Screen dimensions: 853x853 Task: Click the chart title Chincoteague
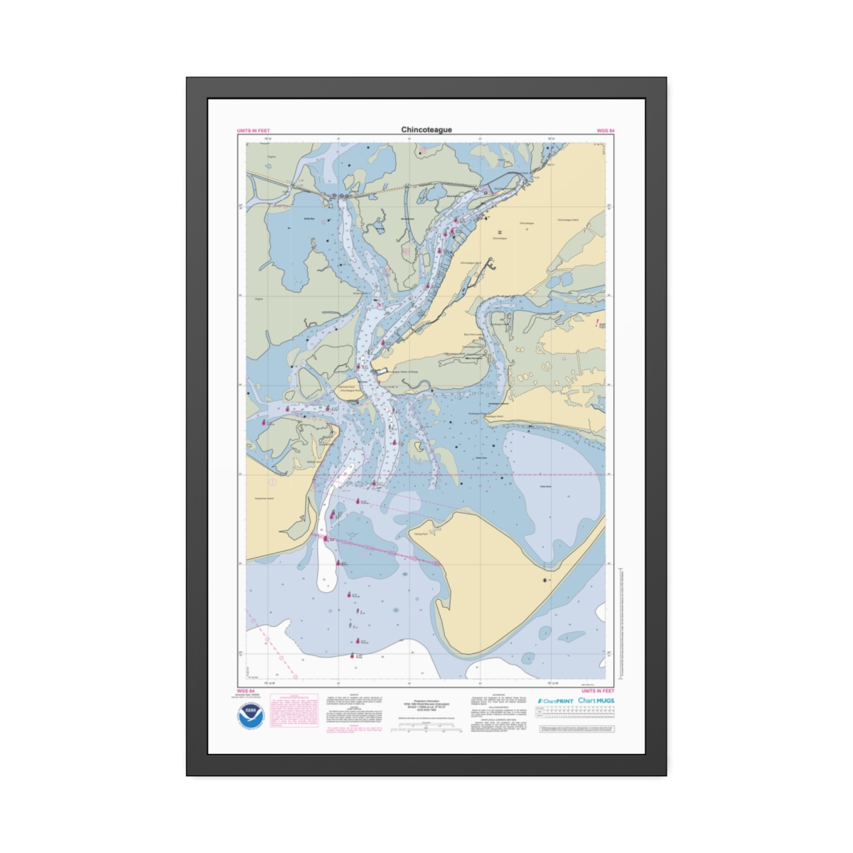coord(426,130)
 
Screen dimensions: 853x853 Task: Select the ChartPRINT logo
coord(555,701)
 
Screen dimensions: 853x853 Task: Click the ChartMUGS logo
coord(596,701)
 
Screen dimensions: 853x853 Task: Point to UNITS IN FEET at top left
coord(253,131)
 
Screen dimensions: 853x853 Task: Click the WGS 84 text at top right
coord(605,131)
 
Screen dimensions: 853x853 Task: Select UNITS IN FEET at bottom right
coord(597,691)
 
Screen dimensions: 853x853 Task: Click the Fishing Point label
coord(421,533)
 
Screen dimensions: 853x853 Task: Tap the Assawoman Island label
coord(264,498)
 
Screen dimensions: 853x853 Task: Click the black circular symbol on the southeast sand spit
coord(545,581)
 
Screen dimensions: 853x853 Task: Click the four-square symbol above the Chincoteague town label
coord(500,232)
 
